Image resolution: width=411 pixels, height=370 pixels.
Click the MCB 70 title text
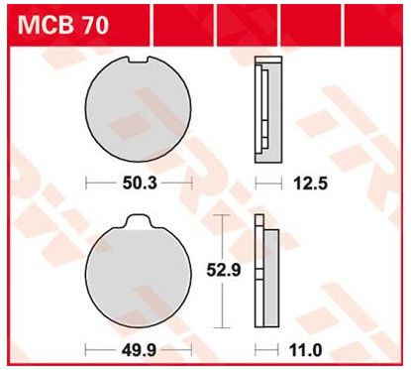(x=63, y=26)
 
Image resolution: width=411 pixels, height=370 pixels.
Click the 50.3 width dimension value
(x=140, y=184)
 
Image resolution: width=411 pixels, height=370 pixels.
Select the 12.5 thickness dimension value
(x=311, y=184)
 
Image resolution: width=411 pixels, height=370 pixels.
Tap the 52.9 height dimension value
(x=224, y=271)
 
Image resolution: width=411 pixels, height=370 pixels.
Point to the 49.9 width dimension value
(x=139, y=350)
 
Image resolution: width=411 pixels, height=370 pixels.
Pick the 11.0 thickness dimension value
(x=306, y=350)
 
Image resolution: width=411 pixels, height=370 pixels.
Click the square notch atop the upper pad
(x=138, y=60)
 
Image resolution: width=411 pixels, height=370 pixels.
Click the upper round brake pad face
(x=138, y=109)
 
